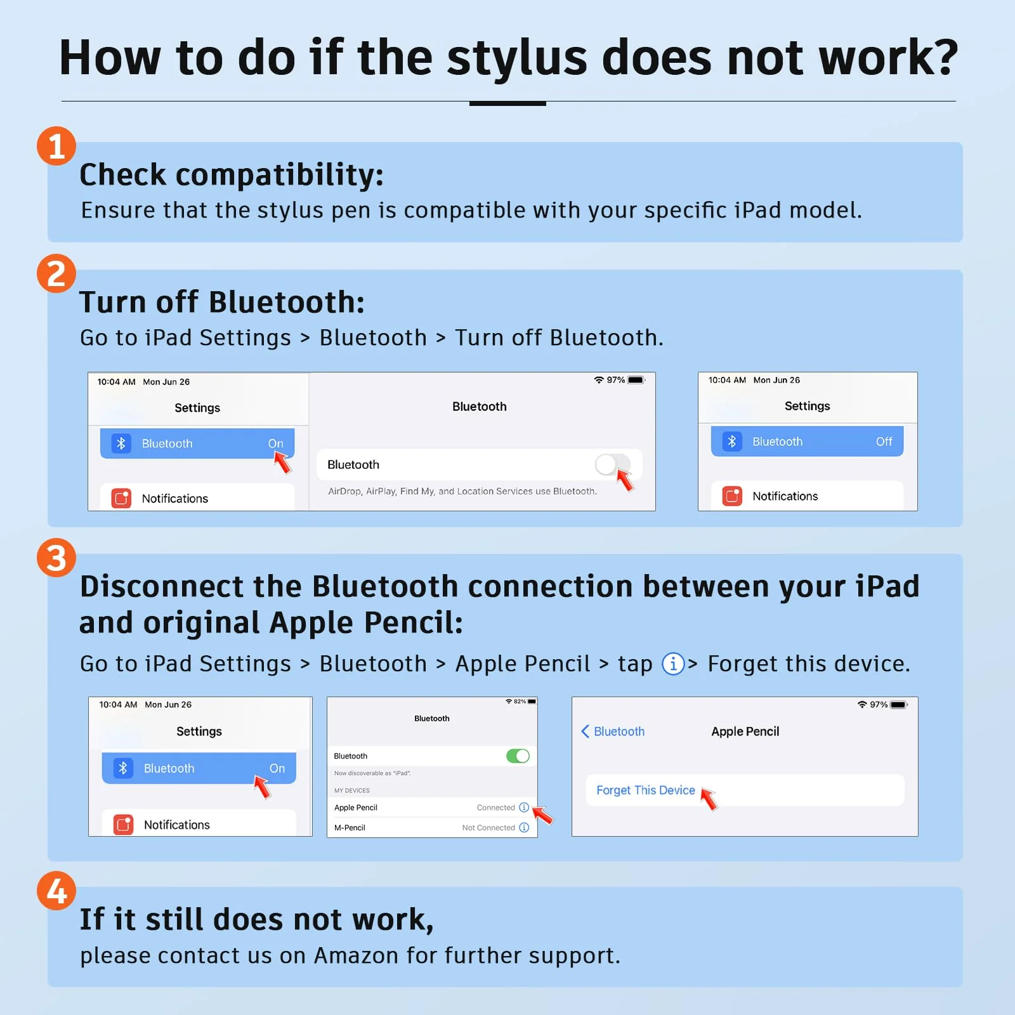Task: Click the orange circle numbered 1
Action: [x=56, y=146]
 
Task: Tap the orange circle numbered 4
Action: [x=56, y=891]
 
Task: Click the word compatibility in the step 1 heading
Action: [x=280, y=174]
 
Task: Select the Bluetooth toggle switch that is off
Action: [x=612, y=464]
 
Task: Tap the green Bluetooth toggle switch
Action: [x=518, y=756]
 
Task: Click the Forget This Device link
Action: [x=645, y=790]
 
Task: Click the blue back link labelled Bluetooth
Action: [x=613, y=731]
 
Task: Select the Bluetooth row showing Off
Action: [x=807, y=442]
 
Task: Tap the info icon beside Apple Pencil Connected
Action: [x=524, y=808]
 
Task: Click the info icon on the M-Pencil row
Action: [x=524, y=827]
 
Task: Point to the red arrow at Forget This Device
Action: [x=709, y=799]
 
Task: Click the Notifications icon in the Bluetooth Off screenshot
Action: [x=732, y=495]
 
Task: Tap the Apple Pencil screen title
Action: [x=745, y=731]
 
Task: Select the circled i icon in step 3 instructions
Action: [x=673, y=664]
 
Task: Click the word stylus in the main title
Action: [x=517, y=58]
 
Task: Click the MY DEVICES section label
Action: [x=351, y=790]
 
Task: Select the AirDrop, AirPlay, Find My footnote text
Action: [x=462, y=491]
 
